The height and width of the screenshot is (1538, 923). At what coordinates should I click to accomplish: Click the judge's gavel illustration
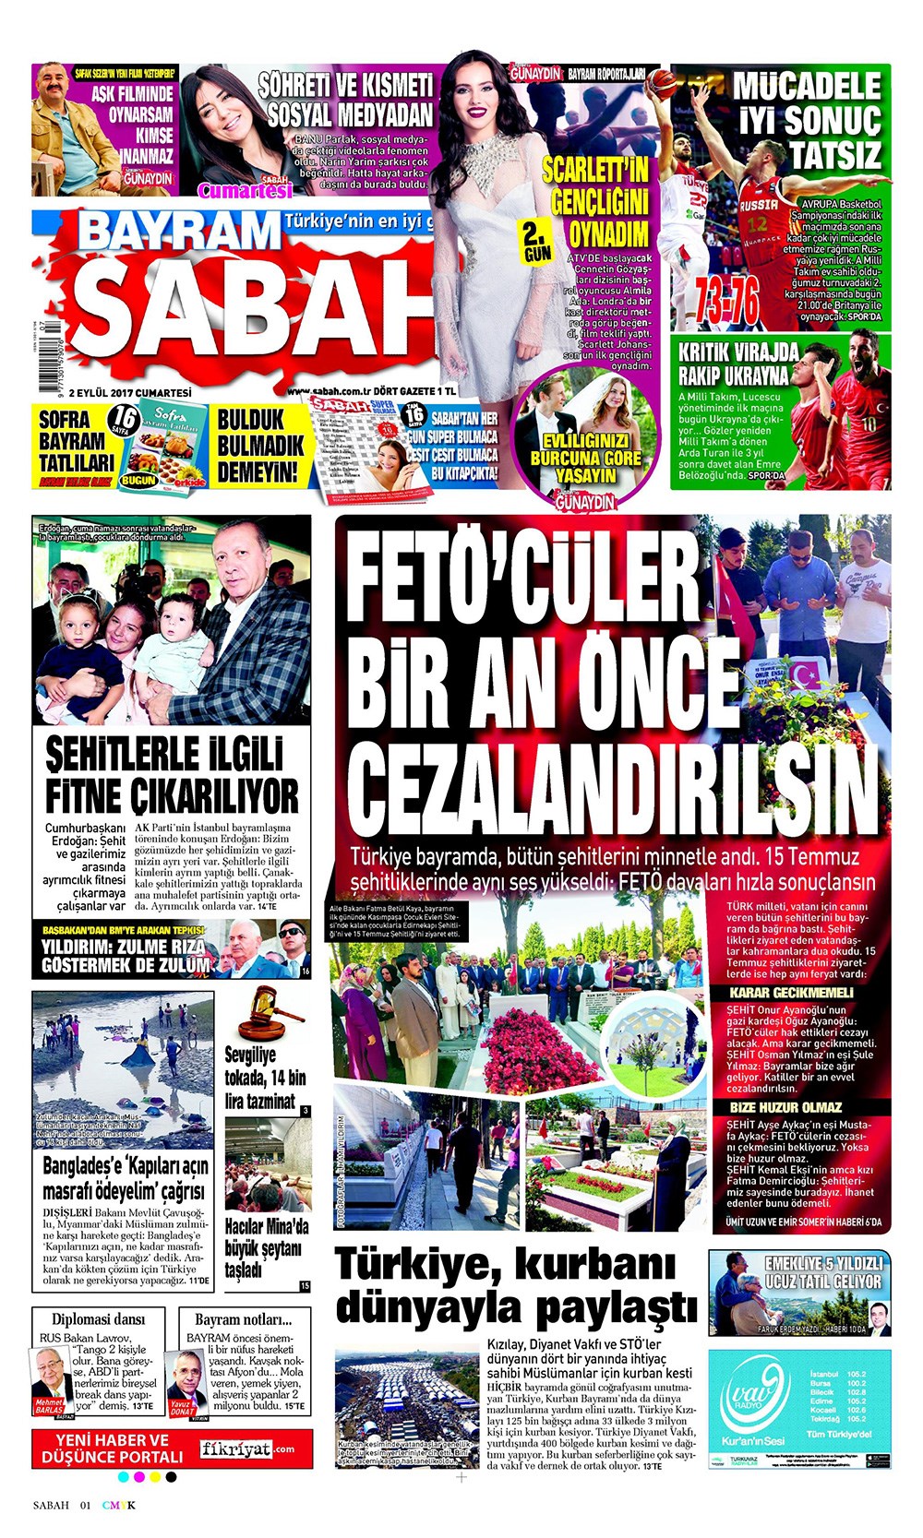270,1013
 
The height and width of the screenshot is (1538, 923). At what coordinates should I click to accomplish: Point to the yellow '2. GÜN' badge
536,241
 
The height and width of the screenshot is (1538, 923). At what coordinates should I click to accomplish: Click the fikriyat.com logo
246,1449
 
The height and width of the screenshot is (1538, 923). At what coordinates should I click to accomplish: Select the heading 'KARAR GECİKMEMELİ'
791,993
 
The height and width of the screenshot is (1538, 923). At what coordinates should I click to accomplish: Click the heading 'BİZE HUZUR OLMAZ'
785,1107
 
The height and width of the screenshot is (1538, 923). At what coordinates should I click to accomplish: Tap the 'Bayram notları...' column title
243,1319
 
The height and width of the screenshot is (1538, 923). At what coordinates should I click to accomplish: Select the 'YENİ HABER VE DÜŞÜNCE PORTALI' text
113,1449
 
